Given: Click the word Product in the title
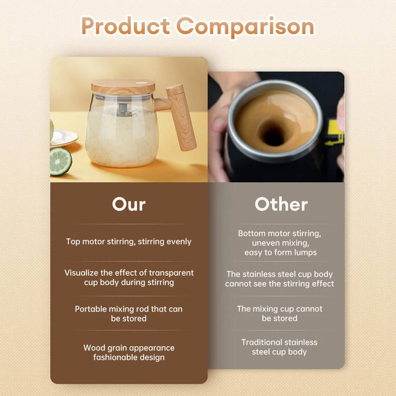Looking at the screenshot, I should (x=126, y=26).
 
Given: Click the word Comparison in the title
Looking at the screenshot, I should (x=246, y=26).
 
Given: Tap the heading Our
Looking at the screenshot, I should (x=129, y=204).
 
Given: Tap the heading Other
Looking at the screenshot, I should (x=281, y=204).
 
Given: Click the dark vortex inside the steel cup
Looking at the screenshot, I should (x=271, y=133).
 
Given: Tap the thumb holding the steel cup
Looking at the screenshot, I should (x=221, y=124).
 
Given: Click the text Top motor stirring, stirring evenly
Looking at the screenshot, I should (x=129, y=242).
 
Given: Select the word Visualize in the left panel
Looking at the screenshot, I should (x=83, y=273).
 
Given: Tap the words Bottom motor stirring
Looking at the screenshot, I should (x=280, y=233).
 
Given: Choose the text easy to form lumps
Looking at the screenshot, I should (x=280, y=252).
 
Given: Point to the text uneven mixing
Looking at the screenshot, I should (x=280, y=243).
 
